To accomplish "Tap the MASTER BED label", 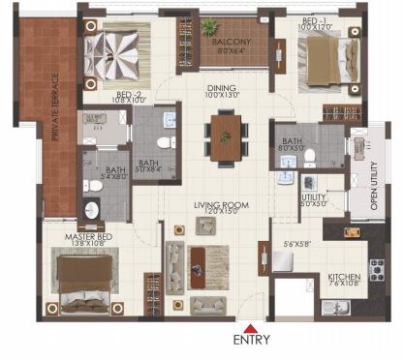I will [85, 236].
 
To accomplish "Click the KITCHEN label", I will [344, 276].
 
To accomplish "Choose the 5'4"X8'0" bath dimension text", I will [101, 178].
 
